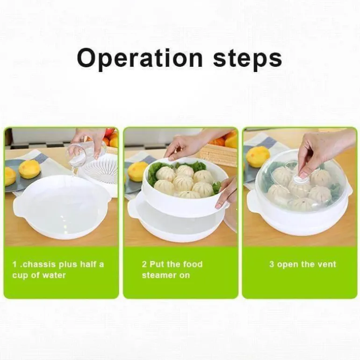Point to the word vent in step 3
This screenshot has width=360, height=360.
[x=326, y=264]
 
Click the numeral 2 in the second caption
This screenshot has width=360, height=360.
[x=144, y=264]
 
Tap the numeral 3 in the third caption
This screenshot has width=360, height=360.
[x=272, y=264]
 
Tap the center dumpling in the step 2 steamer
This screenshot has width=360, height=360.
[x=183, y=183]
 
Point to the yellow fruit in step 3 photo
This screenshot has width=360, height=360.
[x=258, y=156]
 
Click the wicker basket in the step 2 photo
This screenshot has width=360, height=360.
[x=218, y=155]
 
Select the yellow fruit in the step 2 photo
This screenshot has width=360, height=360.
[x=138, y=171]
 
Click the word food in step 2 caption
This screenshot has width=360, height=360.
[x=193, y=264]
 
